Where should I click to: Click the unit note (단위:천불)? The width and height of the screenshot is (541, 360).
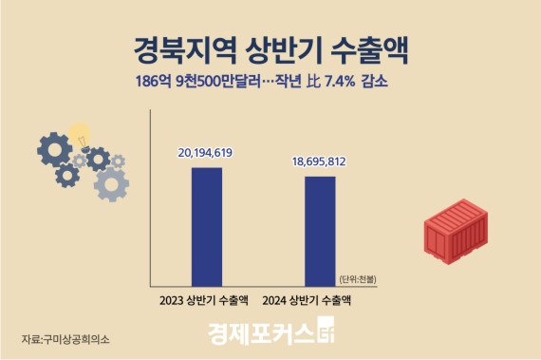[357, 278]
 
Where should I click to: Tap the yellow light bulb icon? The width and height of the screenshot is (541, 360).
[80, 135]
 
